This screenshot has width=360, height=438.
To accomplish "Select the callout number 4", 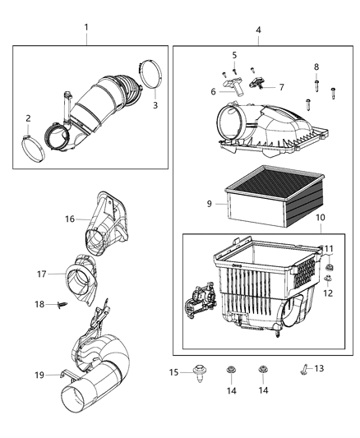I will (x=258, y=30).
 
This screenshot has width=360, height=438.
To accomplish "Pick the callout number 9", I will (x=210, y=202).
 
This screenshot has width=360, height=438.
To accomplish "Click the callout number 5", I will (x=234, y=55).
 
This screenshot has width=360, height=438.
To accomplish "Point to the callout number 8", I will (x=316, y=67).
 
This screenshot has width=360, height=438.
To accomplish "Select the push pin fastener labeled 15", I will (x=198, y=375).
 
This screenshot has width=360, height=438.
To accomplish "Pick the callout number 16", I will (x=71, y=219).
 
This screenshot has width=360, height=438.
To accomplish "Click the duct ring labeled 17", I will (x=86, y=274).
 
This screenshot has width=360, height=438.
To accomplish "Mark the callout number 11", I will (x=328, y=248).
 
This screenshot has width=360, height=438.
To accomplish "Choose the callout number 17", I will (x=39, y=274).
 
